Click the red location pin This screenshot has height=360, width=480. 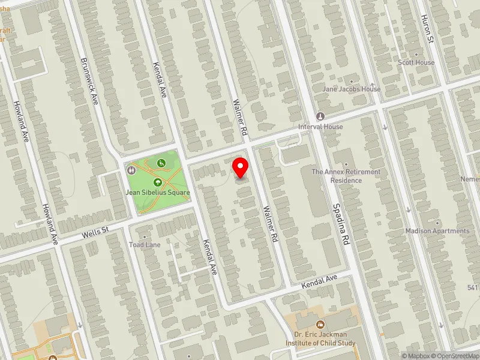[x=241, y=167]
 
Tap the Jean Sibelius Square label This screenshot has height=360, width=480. [x=157, y=193]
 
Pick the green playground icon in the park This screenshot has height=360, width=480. [x=161, y=163]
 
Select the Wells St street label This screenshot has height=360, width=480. [x=95, y=230]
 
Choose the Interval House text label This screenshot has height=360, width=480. [x=321, y=127]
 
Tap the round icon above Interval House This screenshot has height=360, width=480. [x=320, y=116]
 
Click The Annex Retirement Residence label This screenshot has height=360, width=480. [x=346, y=176]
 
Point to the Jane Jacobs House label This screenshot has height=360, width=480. [x=352, y=89]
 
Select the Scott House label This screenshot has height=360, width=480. [x=416, y=62]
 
